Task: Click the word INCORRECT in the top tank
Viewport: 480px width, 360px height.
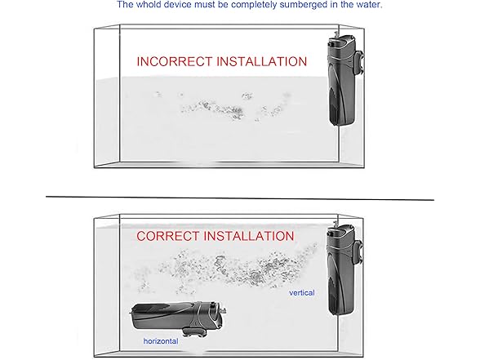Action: coord(175,61)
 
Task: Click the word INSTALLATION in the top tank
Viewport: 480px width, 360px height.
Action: coord(262,61)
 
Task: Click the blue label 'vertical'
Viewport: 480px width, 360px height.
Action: coord(302,293)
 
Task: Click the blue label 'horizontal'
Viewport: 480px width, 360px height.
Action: coord(161,341)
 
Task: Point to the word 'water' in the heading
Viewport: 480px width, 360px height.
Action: coord(370,5)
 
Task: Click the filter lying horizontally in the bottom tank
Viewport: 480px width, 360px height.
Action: coord(178,318)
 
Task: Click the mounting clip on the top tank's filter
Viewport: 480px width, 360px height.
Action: coord(358,64)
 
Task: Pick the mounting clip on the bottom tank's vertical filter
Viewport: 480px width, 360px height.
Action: coord(358,253)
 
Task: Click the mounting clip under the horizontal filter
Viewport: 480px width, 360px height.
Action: coord(193,331)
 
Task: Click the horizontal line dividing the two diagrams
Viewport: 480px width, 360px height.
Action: coord(240,198)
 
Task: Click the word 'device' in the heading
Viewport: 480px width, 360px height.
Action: coord(177,5)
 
